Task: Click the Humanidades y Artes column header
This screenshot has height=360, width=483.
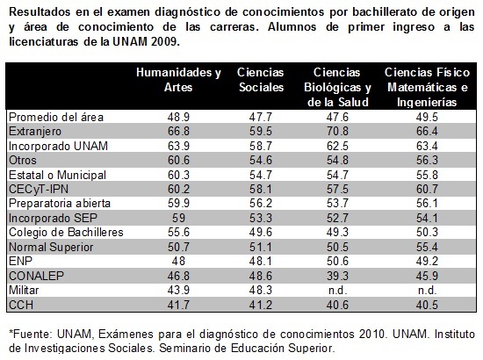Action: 178,80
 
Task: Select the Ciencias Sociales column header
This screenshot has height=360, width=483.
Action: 261,80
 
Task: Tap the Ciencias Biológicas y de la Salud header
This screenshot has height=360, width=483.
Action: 337,87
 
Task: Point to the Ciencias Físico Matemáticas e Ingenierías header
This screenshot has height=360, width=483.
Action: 427,87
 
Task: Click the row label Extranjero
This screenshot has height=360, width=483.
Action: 35,132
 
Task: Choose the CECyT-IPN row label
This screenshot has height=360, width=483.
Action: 39,189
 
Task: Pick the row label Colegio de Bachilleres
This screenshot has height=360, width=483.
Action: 66,232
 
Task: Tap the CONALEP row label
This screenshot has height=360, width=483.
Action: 36,276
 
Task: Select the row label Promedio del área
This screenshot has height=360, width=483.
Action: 56,118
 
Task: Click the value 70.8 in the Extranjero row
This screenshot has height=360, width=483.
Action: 337,131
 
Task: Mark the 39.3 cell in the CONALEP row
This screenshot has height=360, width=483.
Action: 337,276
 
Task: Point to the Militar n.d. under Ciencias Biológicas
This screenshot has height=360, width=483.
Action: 337,290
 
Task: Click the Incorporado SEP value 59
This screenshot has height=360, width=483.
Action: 178,218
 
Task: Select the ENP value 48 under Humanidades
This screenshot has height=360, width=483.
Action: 178,261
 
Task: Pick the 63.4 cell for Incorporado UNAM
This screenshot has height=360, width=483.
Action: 427,146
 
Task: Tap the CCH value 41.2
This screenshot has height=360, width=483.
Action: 261,305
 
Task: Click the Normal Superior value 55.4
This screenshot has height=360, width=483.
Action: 427,247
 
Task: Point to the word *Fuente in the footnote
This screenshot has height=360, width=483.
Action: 31,334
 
